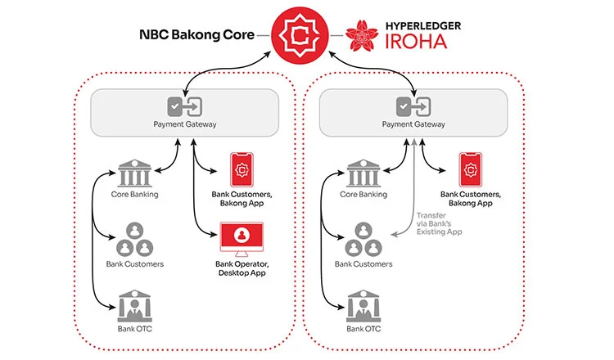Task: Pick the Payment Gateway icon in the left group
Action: (184, 106)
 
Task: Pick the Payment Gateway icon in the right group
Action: (413, 106)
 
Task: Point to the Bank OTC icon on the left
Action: (133, 307)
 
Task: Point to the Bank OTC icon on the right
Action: (363, 307)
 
